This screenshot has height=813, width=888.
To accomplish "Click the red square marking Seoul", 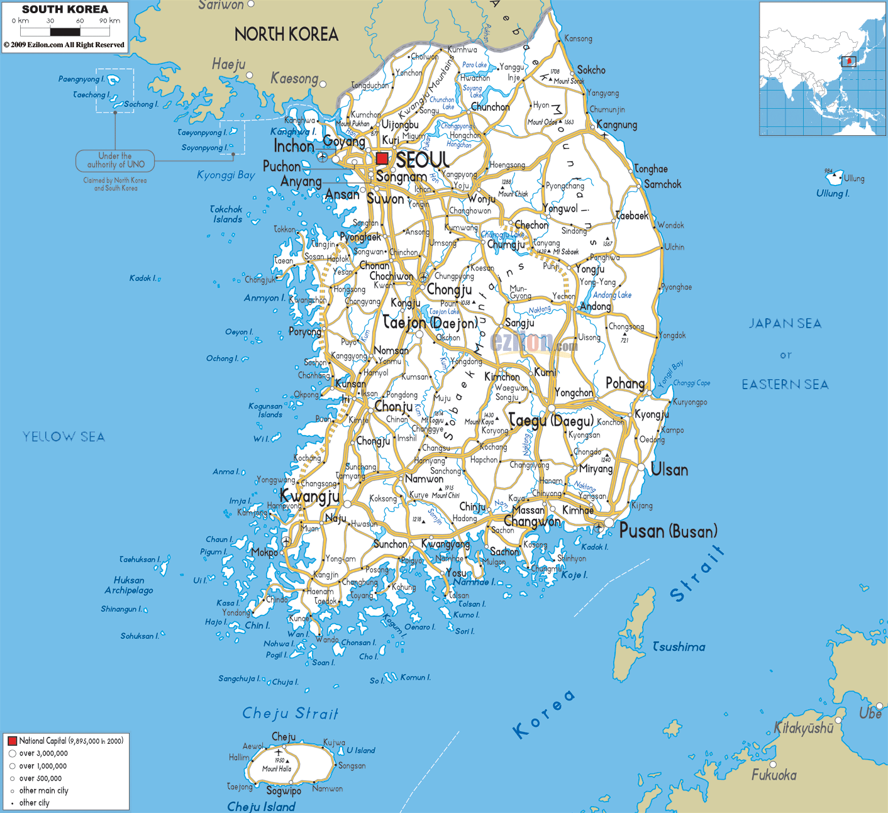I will tap(382, 158).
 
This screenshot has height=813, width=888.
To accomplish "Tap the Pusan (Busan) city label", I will tap(668, 531).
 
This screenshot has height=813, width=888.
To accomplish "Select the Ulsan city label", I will tap(669, 470).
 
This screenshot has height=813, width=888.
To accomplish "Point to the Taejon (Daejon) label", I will tap(431, 323).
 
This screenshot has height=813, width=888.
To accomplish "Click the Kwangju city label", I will tap(309, 497).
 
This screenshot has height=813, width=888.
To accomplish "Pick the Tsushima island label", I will tap(679, 646).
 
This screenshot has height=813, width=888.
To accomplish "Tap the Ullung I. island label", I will tap(833, 194).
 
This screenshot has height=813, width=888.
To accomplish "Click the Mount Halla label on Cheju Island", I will tap(277, 769).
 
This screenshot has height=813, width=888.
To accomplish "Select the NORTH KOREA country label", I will tap(286, 35).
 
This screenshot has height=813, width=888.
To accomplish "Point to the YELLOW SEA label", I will tap(64, 436).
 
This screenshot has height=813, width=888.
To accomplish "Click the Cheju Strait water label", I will tap(291, 713).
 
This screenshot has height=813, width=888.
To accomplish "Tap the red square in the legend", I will tap(12, 741).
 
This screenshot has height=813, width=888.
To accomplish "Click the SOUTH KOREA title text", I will tap(65, 9).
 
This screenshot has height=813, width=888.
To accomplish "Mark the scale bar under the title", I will tap(66, 29).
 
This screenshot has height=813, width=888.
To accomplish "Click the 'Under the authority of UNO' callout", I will tap(116, 160).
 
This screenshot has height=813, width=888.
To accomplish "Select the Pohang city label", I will tap(625, 383).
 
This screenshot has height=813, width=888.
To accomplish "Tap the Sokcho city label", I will tap(591, 70).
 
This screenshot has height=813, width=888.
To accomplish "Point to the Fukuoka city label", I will tap(774, 775).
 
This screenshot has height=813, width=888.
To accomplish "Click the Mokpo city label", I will tap(264, 552).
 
